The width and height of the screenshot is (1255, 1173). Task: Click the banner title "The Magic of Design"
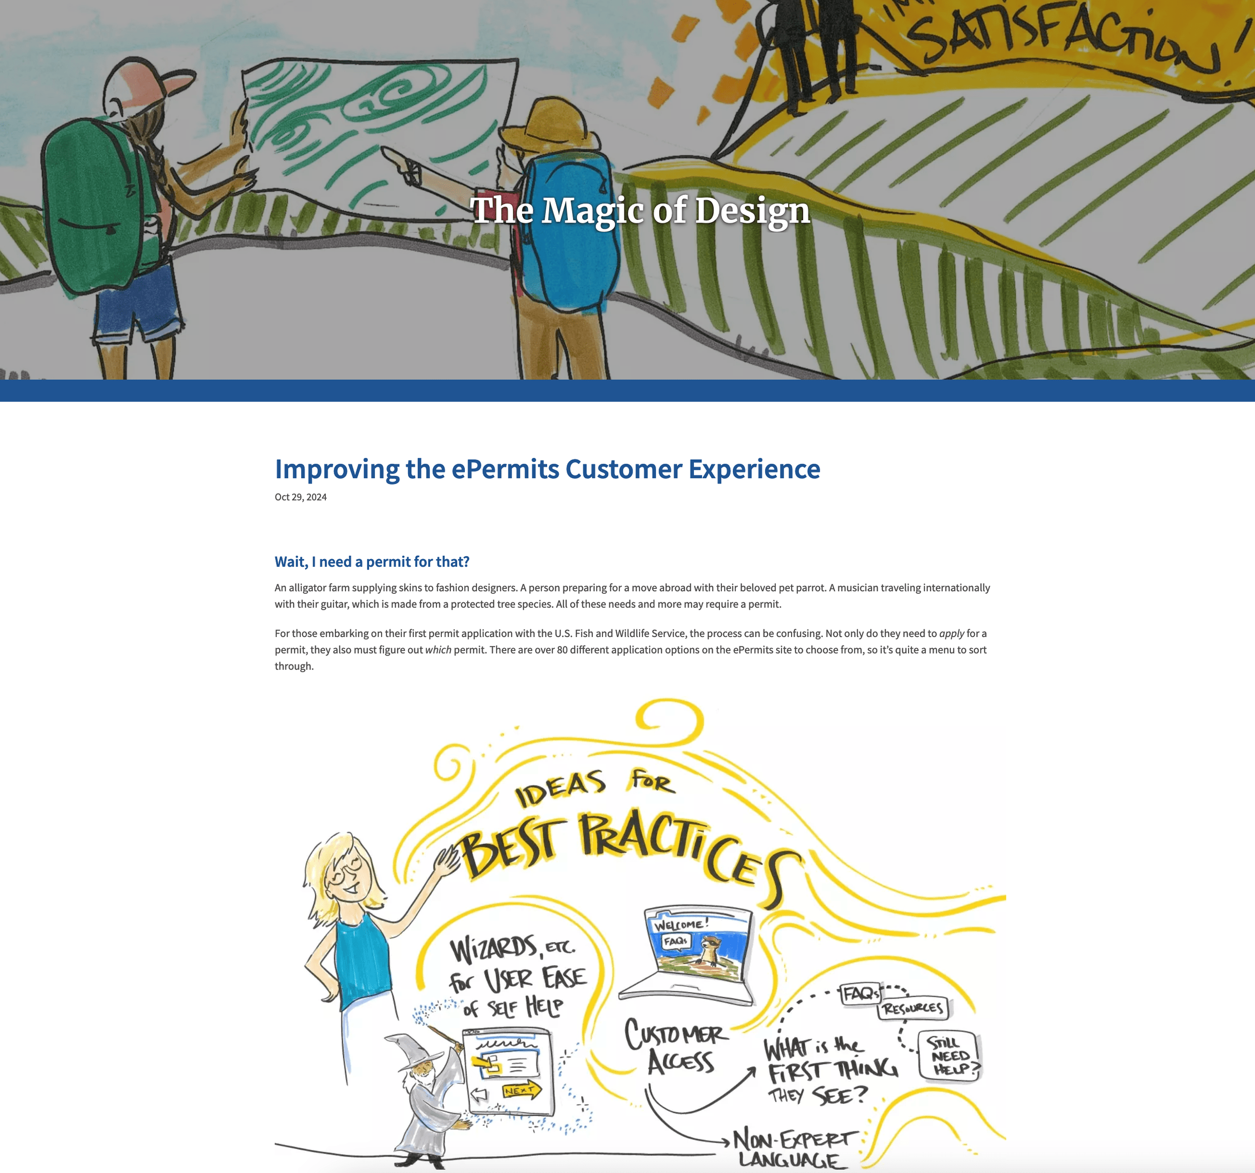[x=640, y=210]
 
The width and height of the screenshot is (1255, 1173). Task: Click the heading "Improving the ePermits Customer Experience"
[x=547, y=469]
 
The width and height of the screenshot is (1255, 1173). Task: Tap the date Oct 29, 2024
[x=301, y=497]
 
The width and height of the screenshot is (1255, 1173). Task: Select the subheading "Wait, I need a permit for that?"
[x=372, y=561]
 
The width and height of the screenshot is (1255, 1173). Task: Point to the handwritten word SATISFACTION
[x=1061, y=38]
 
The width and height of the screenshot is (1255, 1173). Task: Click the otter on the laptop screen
[x=711, y=951]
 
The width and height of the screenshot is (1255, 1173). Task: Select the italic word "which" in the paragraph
[x=438, y=649]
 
